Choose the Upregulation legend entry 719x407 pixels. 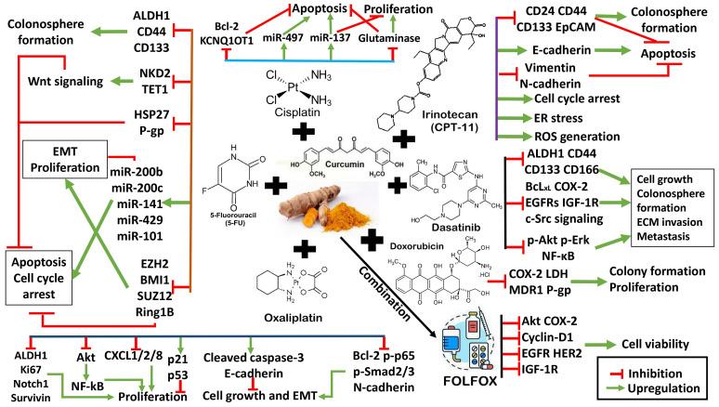(667, 387)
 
